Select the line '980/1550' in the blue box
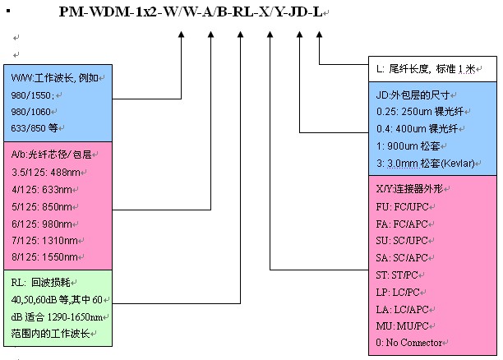(27, 95)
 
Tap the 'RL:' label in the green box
(18, 281)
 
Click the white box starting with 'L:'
(432, 70)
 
